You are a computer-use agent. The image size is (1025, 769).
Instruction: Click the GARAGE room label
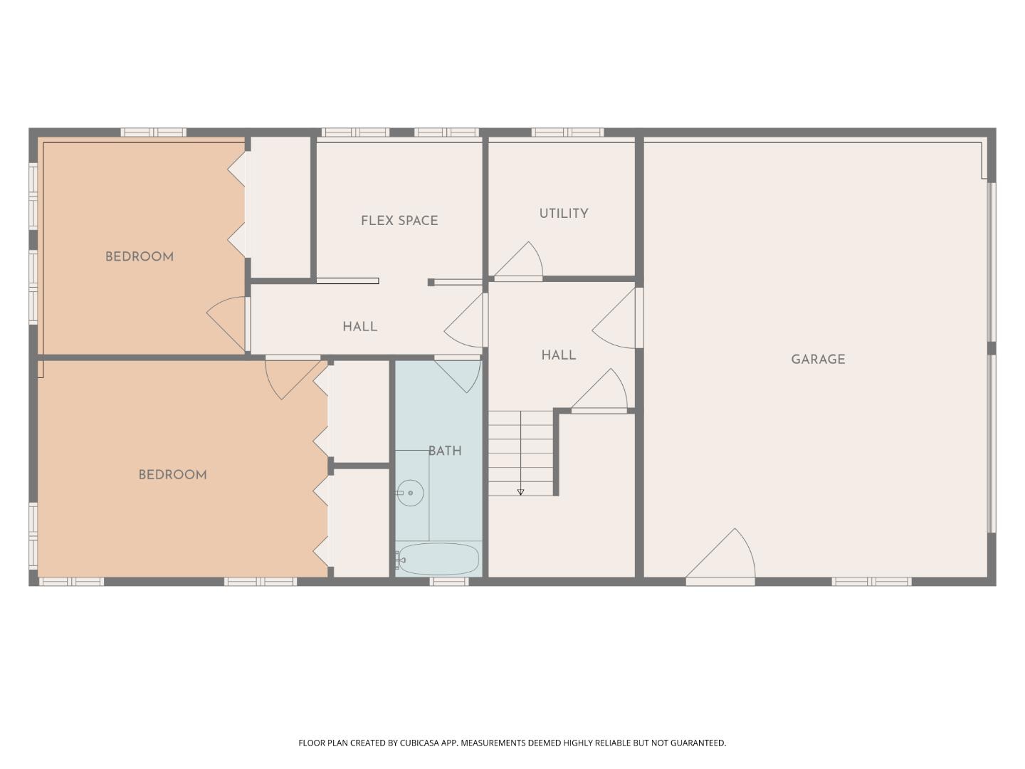[x=818, y=360]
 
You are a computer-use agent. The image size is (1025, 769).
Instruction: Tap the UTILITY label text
[x=563, y=214]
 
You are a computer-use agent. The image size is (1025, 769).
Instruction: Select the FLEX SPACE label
[x=399, y=221]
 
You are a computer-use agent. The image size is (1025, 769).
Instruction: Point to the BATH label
[x=445, y=451]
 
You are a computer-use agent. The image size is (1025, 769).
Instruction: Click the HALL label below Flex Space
[x=359, y=327]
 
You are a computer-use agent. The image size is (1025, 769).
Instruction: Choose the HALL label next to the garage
[x=558, y=355]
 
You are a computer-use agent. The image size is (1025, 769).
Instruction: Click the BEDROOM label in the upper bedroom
[x=140, y=257]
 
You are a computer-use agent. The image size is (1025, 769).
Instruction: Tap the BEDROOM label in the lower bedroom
[x=172, y=475]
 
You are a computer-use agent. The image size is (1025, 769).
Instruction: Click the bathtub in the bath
[x=438, y=559]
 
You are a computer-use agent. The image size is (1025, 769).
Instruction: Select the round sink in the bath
[x=410, y=493]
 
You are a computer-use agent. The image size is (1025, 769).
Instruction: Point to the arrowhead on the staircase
[x=520, y=492]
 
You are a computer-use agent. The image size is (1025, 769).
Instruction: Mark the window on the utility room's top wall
[x=567, y=132]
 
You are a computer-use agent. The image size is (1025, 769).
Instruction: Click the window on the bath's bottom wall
[x=449, y=582]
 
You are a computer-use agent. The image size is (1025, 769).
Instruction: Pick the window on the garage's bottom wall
[x=871, y=582]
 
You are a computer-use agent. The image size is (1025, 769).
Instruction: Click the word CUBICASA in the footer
[x=421, y=743]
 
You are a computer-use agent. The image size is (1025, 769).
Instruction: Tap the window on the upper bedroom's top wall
[x=153, y=132]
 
